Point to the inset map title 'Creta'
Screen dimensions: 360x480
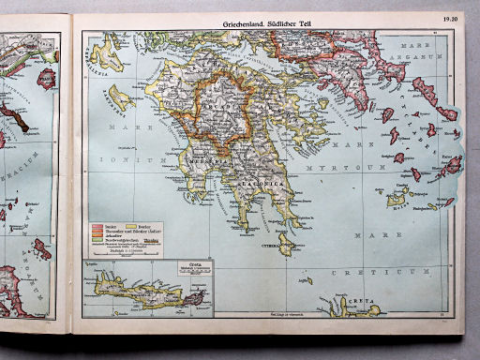tap(170, 265)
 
